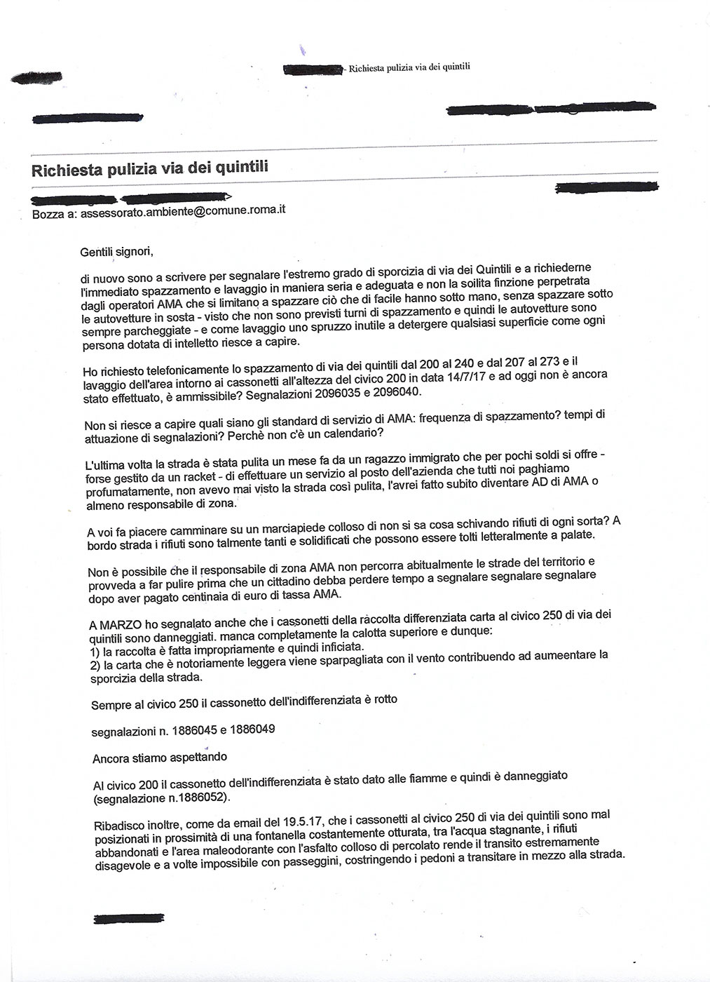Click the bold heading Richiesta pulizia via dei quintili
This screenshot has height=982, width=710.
coord(150,169)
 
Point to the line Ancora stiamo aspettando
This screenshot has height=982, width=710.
coord(160,758)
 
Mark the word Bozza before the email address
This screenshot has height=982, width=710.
coord(48,214)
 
